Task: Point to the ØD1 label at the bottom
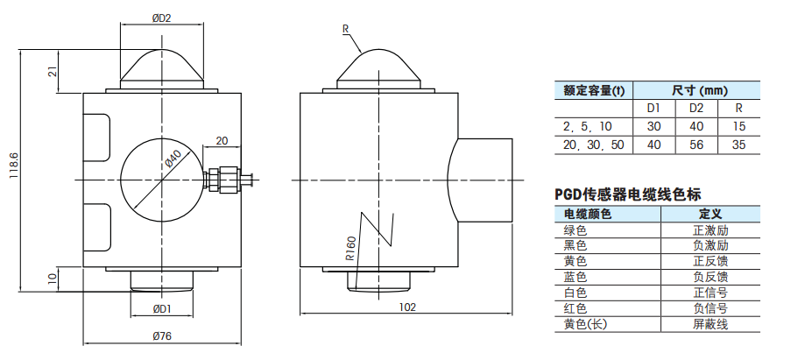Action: pyautogui.click(x=161, y=308)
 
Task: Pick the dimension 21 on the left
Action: pyautogui.click(x=53, y=73)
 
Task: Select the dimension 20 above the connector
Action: pyautogui.click(x=222, y=140)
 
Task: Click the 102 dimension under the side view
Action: pyautogui.click(x=406, y=307)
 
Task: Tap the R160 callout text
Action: pyautogui.click(x=350, y=250)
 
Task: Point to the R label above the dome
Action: pyautogui.click(x=347, y=29)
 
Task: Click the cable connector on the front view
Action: pyautogui.click(x=225, y=180)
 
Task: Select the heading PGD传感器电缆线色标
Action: pyautogui.click(x=628, y=194)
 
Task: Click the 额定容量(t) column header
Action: pyautogui.click(x=594, y=90)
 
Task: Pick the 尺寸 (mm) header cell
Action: pyautogui.click(x=699, y=90)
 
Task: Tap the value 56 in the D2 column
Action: pyautogui.click(x=696, y=145)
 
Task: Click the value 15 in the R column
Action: pyautogui.click(x=738, y=127)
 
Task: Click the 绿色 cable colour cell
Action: pyautogui.click(x=576, y=230)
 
